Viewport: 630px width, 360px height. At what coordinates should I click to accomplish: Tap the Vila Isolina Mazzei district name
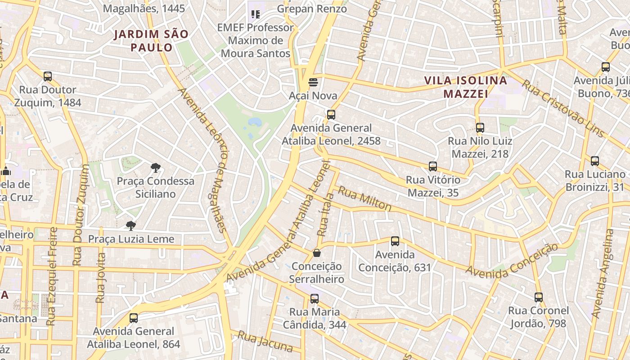coord(466,87)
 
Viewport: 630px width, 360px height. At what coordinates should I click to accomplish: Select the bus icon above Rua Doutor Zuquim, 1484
coord(48,76)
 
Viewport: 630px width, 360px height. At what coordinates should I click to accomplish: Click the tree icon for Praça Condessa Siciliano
coord(156,168)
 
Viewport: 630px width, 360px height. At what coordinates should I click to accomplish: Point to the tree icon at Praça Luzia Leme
coord(131,225)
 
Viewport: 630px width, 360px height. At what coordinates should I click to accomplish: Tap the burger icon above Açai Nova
coord(313,82)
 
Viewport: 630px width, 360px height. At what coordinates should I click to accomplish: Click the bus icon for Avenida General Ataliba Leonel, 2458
coord(331,114)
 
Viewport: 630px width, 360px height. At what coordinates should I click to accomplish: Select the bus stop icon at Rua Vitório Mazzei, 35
coord(433,166)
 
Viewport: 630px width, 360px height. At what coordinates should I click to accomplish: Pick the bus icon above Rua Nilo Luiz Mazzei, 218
coord(480,128)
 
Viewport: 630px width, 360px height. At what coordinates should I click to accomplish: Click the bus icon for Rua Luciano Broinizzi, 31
coord(595,161)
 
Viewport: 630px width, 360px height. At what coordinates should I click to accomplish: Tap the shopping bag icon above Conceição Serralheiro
coord(317,253)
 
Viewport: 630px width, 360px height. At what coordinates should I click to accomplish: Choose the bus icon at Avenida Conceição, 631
coord(395,241)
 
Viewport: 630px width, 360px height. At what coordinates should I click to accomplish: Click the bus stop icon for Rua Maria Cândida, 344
coord(315,298)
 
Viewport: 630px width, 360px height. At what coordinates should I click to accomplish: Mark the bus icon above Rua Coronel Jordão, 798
coord(539,297)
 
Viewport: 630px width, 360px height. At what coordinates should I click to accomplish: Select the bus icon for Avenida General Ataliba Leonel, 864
coord(134,318)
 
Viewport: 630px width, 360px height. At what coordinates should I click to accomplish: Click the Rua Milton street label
coord(364,198)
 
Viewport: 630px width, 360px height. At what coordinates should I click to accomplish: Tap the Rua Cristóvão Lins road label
coord(562,108)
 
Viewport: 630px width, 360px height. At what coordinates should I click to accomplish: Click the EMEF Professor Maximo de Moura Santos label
coord(255,40)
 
